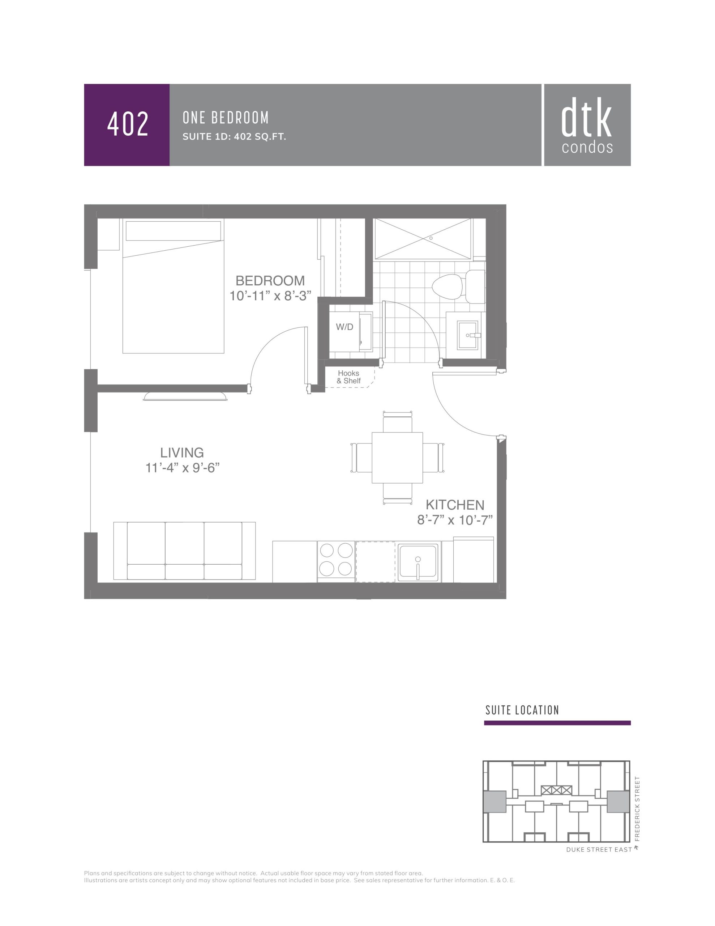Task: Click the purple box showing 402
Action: click(x=127, y=125)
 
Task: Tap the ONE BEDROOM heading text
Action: click(x=226, y=118)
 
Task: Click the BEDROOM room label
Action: click(x=270, y=281)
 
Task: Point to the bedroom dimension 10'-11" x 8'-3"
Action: click(x=270, y=296)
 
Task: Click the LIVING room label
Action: click(x=182, y=453)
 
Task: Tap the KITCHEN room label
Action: click(x=455, y=505)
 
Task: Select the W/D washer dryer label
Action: click(x=344, y=327)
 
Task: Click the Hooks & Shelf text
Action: click(x=349, y=377)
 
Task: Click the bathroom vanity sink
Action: click(x=468, y=335)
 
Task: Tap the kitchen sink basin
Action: click(x=418, y=561)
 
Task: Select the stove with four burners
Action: click(x=336, y=561)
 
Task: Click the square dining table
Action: click(x=397, y=458)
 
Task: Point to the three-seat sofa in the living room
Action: click(x=184, y=551)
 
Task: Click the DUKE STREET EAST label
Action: click(x=599, y=850)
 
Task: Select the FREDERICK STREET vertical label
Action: click(x=637, y=808)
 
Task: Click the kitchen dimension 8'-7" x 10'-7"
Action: click(x=455, y=520)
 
